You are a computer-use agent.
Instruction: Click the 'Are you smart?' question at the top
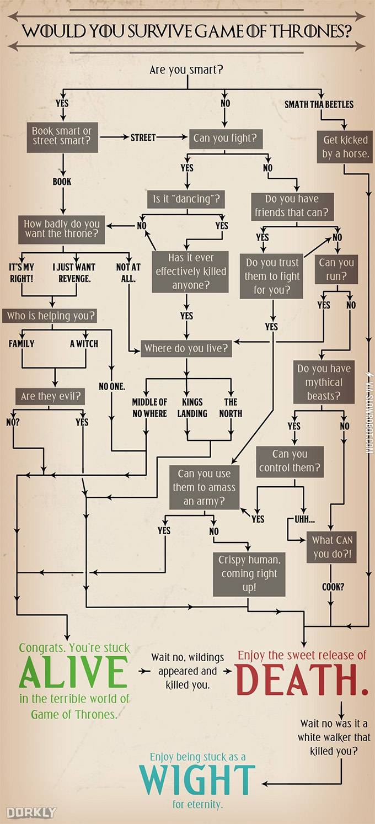coord(186,70)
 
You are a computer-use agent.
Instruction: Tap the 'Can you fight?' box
coord(224,138)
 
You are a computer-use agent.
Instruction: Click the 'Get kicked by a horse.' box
coord(345,147)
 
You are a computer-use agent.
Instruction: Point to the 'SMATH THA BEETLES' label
coord(319,104)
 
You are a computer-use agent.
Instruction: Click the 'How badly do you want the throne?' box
coord(62,228)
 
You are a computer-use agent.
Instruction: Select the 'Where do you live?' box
coord(186,349)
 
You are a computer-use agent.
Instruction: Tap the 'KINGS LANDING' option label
coord(192,407)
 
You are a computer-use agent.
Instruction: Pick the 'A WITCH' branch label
coord(84,343)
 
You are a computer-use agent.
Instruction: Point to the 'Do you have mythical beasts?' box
coord(323,382)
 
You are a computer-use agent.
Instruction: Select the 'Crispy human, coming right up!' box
coord(249,573)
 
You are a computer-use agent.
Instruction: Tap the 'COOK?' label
coord(333,587)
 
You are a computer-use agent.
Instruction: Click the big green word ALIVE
coord(73,672)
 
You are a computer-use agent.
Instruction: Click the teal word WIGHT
coord(197,780)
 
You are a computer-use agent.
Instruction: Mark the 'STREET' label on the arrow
coord(143,137)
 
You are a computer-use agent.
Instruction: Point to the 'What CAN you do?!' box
coord(332,547)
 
